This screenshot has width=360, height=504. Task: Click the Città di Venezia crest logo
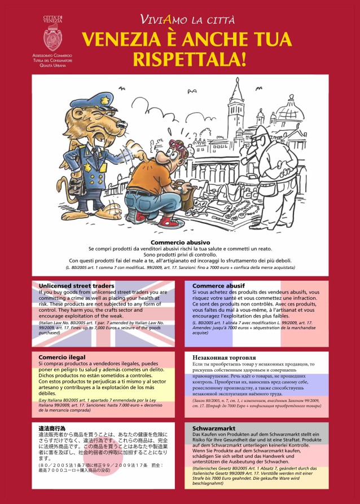pos(53,38)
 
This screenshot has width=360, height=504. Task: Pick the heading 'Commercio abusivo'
pos(180,242)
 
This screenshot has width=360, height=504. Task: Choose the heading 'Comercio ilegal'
pos(62,357)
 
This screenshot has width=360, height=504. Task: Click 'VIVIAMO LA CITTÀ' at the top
pos(187,20)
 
